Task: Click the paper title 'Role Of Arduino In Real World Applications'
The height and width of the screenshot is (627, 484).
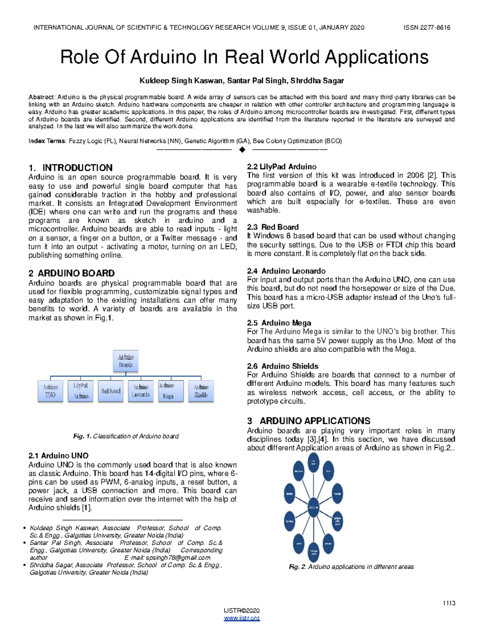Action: pos(244,57)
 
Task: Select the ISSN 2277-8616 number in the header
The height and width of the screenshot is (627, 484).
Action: pos(427,27)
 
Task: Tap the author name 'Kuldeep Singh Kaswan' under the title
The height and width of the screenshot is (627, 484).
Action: pos(181,81)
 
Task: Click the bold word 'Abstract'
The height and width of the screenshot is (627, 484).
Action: pos(41,97)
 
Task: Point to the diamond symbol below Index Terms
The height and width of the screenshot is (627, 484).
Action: pos(242,150)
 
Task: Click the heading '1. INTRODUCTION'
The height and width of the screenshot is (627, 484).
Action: pos(71,168)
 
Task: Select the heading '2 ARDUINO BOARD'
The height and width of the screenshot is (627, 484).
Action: pos(71,273)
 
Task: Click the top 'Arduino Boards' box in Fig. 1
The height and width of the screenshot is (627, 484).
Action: pos(125,361)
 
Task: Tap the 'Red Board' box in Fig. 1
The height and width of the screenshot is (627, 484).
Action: pos(111,391)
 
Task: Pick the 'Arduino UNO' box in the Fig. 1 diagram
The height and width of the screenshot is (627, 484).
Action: pos(50,391)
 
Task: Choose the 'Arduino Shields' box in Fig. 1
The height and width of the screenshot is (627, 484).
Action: pos(201,391)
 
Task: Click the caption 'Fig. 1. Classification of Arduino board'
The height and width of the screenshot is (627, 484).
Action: pos(125,436)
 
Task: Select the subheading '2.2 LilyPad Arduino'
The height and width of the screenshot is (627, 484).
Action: pos(282,167)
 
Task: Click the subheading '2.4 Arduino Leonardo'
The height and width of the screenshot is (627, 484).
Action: pos(286,271)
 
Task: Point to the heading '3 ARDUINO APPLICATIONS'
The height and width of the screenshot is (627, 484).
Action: pos(309,421)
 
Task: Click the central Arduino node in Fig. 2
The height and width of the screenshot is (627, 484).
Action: pos(313,507)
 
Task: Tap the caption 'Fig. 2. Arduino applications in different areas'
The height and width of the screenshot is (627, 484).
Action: pos(351,567)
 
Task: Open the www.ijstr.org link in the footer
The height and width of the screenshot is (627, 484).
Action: pos(242,618)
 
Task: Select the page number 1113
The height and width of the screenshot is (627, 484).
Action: pos(449,603)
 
